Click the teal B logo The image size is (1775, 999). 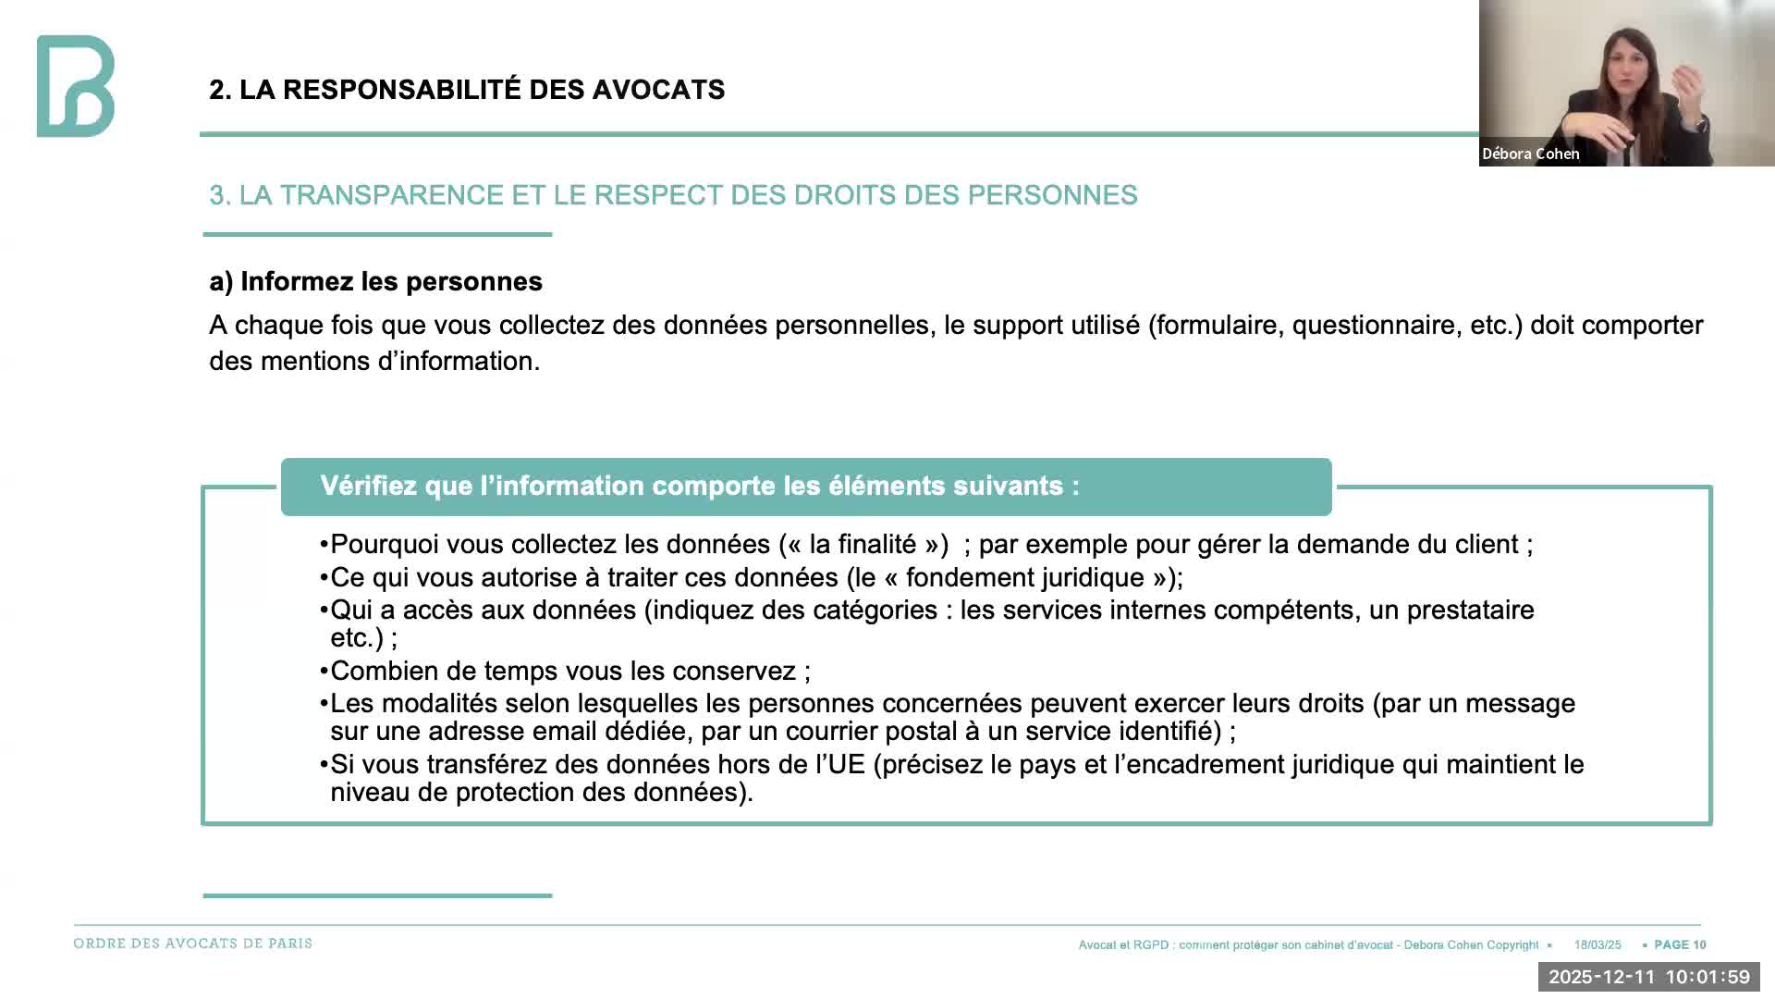[x=76, y=86]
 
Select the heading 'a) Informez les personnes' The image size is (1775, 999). [x=375, y=281]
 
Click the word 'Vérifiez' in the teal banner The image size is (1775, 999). [x=368, y=487]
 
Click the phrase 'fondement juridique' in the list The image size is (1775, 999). [x=1024, y=578]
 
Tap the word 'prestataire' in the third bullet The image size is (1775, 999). [x=1470, y=610]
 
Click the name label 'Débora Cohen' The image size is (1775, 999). [x=1530, y=154]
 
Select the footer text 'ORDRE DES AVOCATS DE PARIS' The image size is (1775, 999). [x=193, y=943]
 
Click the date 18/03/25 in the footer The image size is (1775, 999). [x=1597, y=945]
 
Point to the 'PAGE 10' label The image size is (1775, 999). [x=1680, y=945]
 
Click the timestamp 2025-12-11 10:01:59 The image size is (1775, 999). [x=1648, y=977]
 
